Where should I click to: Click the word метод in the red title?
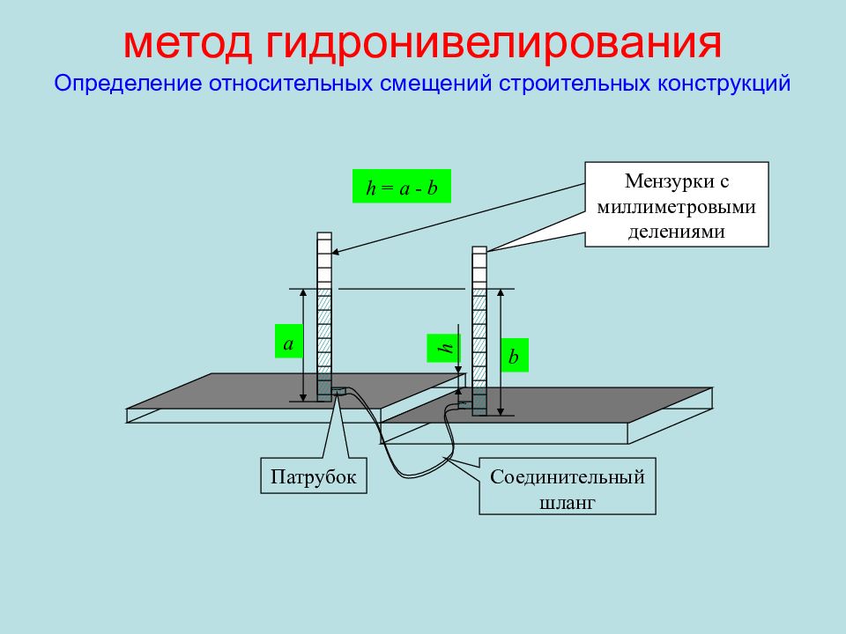tap(188, 43)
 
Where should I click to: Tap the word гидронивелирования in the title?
tap(493, 44)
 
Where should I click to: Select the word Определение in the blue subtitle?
tap(128, 85)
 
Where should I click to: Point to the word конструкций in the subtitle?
tap(724, 85)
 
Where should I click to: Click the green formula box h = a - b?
tap(402, 187)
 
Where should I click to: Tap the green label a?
tap(288, 342)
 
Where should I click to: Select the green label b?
tap(514, 355)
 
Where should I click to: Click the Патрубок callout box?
tap(314, 475)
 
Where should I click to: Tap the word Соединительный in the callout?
tap(567, 476)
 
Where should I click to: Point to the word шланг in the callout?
tap(567, 503)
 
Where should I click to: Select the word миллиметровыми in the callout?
tap(676, 206)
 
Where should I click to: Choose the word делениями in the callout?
tap(676, 232)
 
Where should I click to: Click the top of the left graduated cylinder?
tap(324, 232)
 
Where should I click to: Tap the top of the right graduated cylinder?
tap(479, 247)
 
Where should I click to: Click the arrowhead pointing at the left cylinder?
tap(336, 251)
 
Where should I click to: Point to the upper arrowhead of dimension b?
tap(501, 292)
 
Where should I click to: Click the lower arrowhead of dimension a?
tap(303, 397)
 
